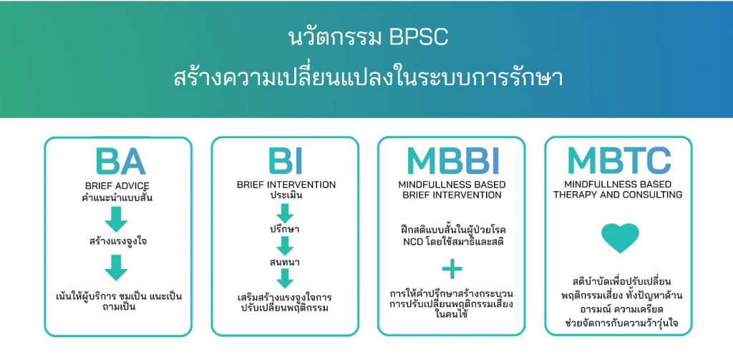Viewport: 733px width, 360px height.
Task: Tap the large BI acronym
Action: pos(285,162)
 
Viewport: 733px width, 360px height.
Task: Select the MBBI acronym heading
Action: pos(452,162)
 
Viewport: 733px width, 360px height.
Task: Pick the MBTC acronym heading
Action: pos(618,162)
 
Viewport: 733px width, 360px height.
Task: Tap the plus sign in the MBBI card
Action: pos(452,269)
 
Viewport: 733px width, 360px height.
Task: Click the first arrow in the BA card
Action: pos(118,219)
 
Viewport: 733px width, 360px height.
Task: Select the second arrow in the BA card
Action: pos(118,268)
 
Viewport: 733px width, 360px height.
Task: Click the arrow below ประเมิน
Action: pos(285,213)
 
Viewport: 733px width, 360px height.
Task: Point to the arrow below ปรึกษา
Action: pos(285,245)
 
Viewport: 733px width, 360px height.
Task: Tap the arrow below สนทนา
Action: pos(285,278)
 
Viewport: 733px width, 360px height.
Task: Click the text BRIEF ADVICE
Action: pos(118,186)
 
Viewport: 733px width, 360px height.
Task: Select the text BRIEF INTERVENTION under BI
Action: pos(285,185)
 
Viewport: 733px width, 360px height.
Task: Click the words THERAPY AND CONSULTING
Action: pos(618,195)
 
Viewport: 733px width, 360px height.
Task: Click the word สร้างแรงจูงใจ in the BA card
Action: pos(118,241)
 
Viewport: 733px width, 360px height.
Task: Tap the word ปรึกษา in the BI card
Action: pos(285,229)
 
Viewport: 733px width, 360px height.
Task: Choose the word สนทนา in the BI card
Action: pos(285,262)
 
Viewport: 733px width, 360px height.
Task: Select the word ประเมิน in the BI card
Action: pos(285,195)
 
